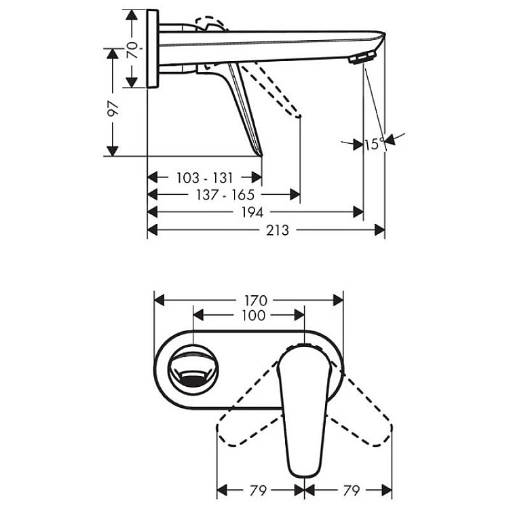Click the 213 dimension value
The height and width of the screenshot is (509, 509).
(277, 230)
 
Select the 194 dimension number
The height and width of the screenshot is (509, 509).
(252, 212)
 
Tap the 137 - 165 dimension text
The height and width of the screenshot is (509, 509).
(225, 195)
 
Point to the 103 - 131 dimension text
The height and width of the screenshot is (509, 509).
(205, 178)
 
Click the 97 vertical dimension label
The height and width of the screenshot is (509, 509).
(113, 108)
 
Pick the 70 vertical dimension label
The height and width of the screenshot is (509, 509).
(132, 50)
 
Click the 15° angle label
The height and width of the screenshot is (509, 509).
(374, 144)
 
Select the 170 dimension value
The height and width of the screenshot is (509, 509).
(256, 301)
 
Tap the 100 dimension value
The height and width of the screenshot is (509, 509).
(254, 315)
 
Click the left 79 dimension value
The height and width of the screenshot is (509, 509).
(258, 491)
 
